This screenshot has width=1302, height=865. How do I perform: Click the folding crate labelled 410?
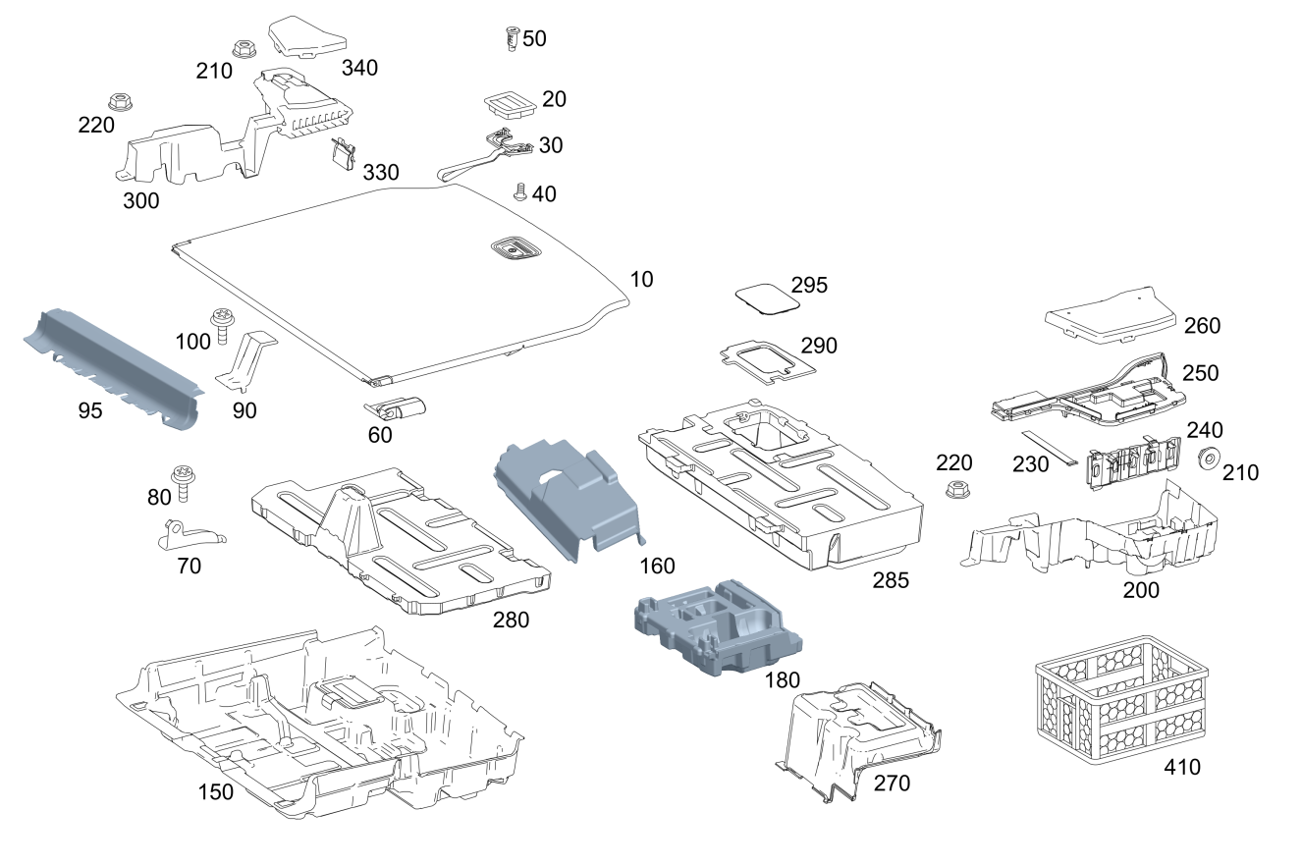1122,703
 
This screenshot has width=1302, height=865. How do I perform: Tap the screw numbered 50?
511,40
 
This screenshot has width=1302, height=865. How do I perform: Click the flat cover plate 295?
766,295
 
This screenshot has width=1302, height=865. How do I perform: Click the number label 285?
891,580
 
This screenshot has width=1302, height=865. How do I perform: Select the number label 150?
215,791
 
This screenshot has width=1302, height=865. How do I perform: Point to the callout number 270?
891,783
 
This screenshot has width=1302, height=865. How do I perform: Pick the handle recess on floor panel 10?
515,248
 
